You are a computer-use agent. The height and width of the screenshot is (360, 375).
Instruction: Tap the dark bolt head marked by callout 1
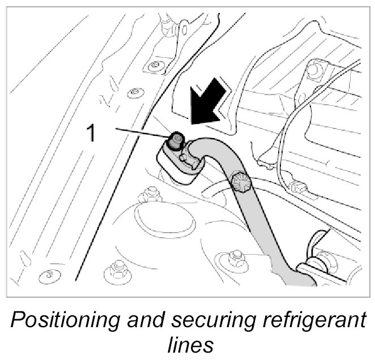pyautogui.click(x=177, y=139)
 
